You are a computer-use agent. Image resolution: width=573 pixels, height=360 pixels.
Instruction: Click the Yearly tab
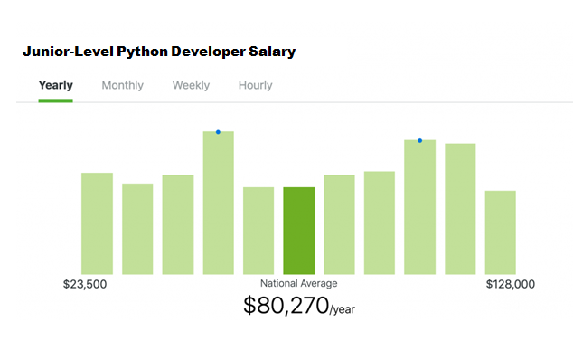click(56, 85)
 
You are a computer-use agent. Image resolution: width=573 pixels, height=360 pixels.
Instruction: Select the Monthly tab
click(122, 85)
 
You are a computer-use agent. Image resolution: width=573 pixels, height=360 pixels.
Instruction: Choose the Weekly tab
click(191, 85)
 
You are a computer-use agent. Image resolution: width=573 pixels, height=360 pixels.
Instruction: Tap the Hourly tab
click(255, 85)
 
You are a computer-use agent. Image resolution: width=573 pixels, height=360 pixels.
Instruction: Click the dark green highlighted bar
click(298, 231)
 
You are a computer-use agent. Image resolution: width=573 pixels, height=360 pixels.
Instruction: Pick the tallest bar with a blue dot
click(218, 204)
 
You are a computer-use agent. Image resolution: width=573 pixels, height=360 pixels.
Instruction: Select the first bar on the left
click(97, 223)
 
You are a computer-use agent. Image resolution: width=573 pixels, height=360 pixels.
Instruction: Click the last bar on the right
click(500, 232)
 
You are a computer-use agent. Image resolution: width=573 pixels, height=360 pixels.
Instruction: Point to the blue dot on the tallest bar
click(218, 132)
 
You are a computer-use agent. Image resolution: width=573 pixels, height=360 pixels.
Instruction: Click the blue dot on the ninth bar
click(419, 140)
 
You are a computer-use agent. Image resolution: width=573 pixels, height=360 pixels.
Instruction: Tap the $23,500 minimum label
click(85, 284)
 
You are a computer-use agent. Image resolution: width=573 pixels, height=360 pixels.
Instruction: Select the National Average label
click(298, 284)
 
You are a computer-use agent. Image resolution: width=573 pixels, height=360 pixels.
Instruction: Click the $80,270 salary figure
click(285, 306)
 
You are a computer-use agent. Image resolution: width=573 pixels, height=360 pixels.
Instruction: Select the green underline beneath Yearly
click(56, 100)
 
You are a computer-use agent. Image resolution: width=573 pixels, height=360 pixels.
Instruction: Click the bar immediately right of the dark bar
click(339, 224)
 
